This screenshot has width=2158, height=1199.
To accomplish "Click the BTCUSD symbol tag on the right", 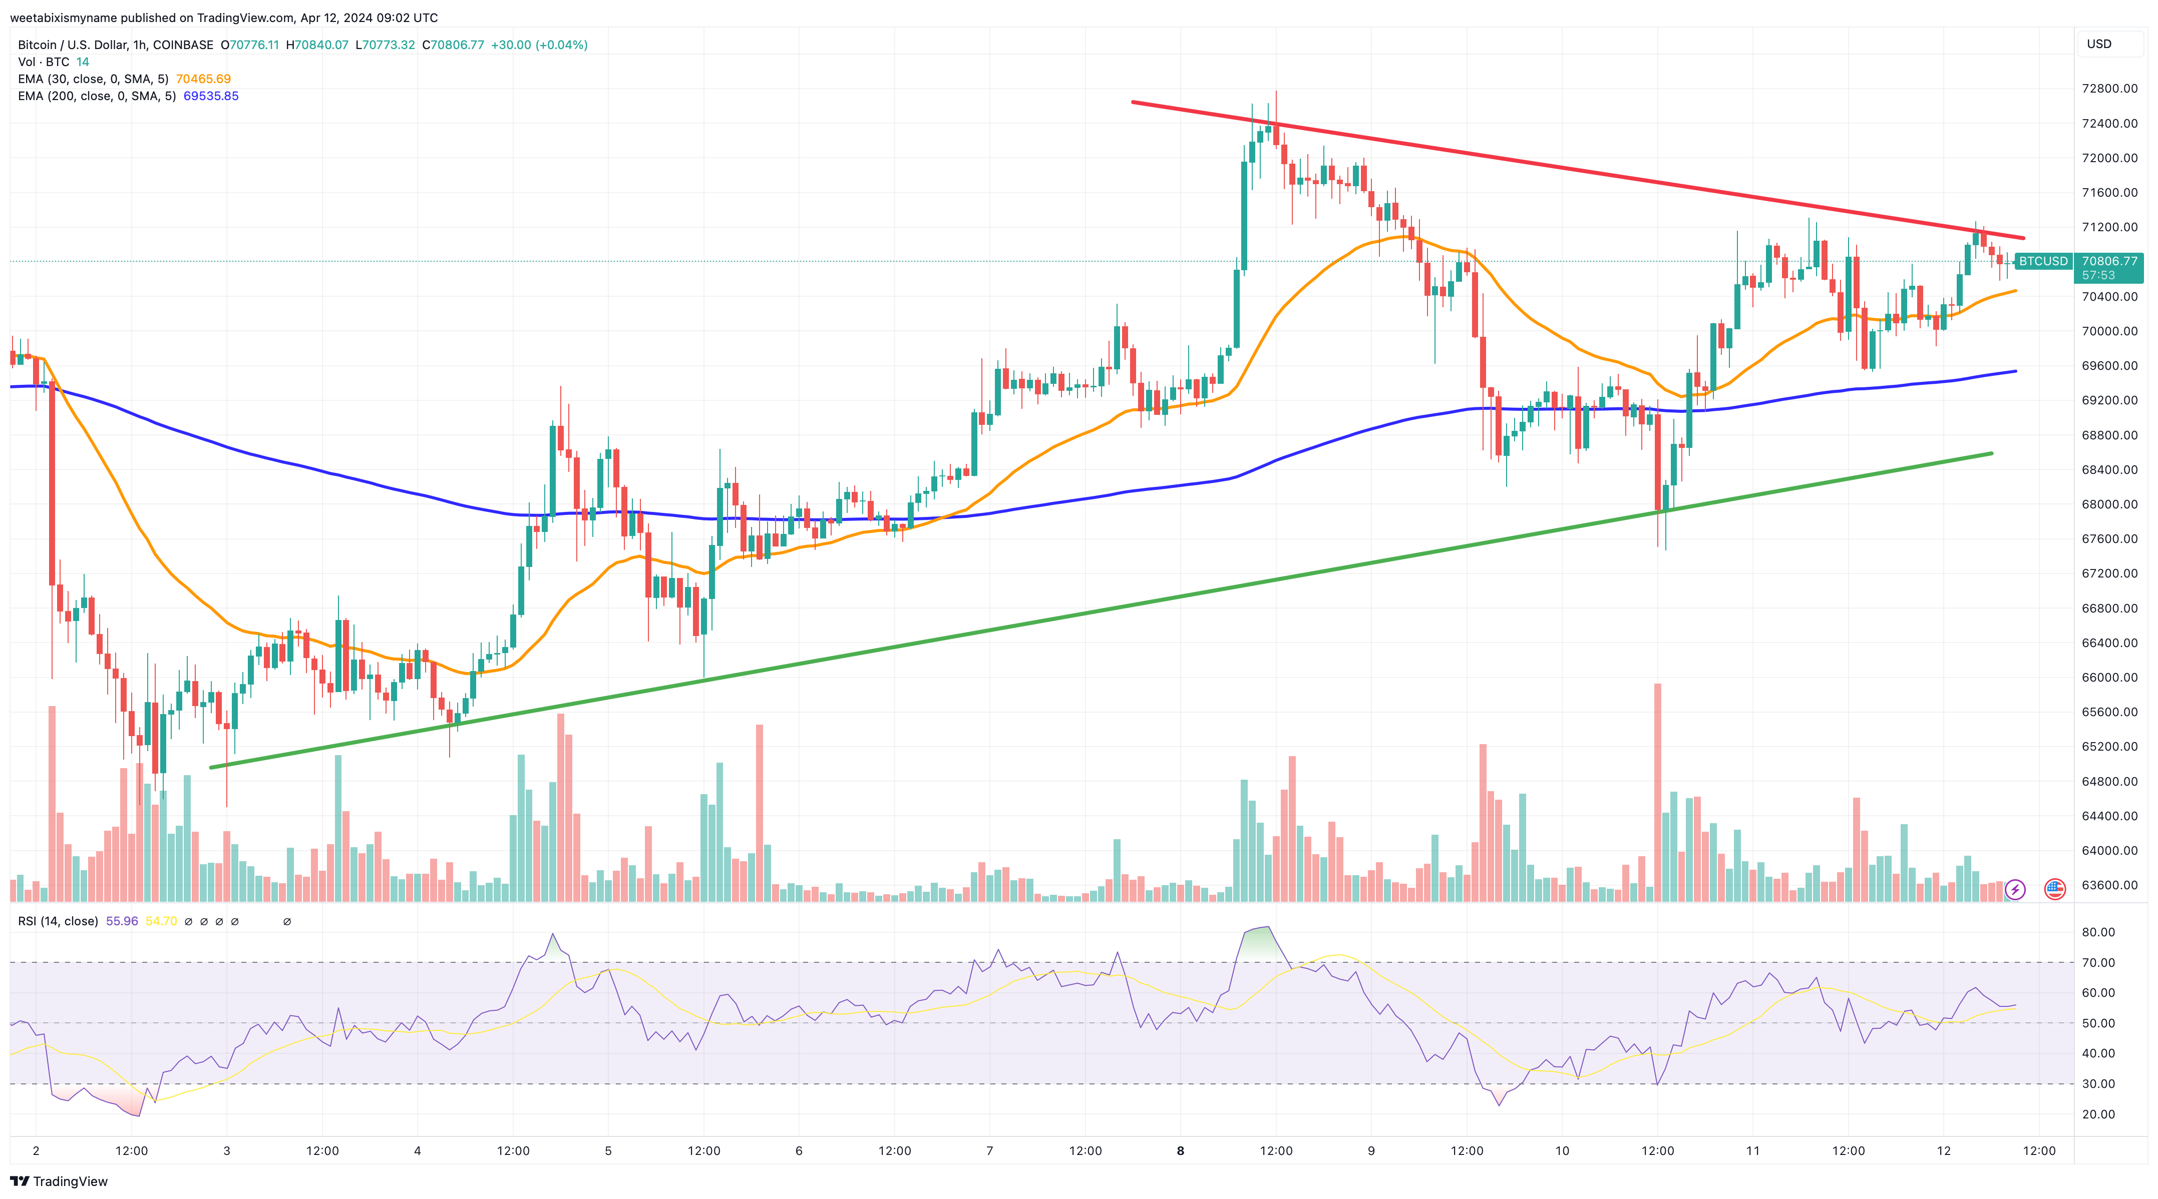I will pos(2043,261).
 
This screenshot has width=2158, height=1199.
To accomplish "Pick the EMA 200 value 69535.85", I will pos(211,96).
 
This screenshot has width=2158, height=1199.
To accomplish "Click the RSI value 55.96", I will pos(122,921).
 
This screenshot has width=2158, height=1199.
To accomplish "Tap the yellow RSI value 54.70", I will pos(161,921).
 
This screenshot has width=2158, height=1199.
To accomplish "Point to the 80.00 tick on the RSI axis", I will pos(2098,932).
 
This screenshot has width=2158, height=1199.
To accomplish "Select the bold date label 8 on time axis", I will pos(1180,1150).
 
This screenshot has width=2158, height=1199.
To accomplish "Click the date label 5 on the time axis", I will pos(608,1150).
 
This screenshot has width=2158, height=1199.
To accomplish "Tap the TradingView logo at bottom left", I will pos(59,1181).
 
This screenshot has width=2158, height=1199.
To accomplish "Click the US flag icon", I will pos(2054,889).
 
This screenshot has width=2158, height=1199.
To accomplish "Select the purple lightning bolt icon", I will pos(2015,889).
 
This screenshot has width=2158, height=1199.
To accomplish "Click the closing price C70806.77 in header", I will pos(452,45).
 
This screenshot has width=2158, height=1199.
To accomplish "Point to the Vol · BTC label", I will pos(44,62).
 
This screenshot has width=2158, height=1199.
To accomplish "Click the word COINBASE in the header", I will pos(183,45).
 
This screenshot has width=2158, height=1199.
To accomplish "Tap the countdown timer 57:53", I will pos(2098,275).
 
